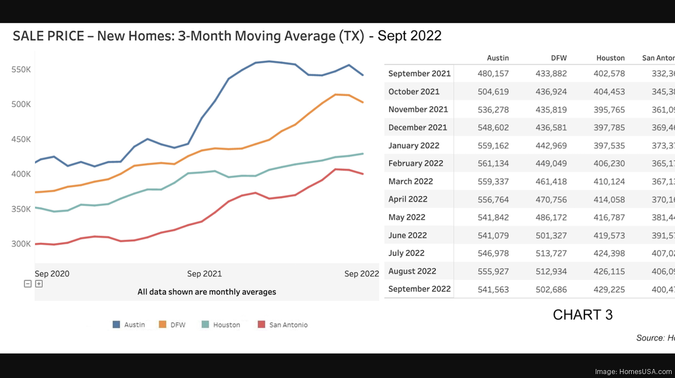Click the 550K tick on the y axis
click(20, 69)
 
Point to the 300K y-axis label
click(20, 244)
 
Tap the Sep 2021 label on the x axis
click(204, 274)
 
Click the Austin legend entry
click(134, 325)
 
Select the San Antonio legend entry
click(288, 325)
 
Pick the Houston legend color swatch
click(205, 325)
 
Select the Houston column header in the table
click(610, 58)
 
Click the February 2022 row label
click(415, 163)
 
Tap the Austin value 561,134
click(493, 163)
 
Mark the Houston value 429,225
click(609, 289)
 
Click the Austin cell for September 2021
click(493, 74)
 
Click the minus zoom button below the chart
click(28, 284)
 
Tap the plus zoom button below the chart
click(39, 284)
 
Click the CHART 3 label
click(582, 315)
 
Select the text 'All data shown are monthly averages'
click(206, 292)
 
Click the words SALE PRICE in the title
click(49, 36)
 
